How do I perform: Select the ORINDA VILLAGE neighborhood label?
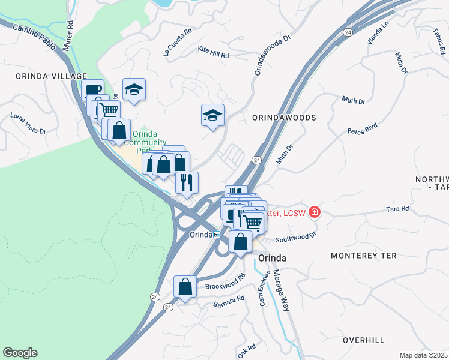(x=44, y=76)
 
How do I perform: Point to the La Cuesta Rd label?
(x=178, y=41)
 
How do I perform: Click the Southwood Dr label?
(x=295, y=236)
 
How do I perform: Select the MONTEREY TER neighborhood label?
(x=364, y=256)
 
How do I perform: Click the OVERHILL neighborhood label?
(x=363, y=340)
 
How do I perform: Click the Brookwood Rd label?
(x=225, y=283)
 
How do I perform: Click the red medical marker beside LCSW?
(x=314, y=212)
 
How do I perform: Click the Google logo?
(x=20, y=353)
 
